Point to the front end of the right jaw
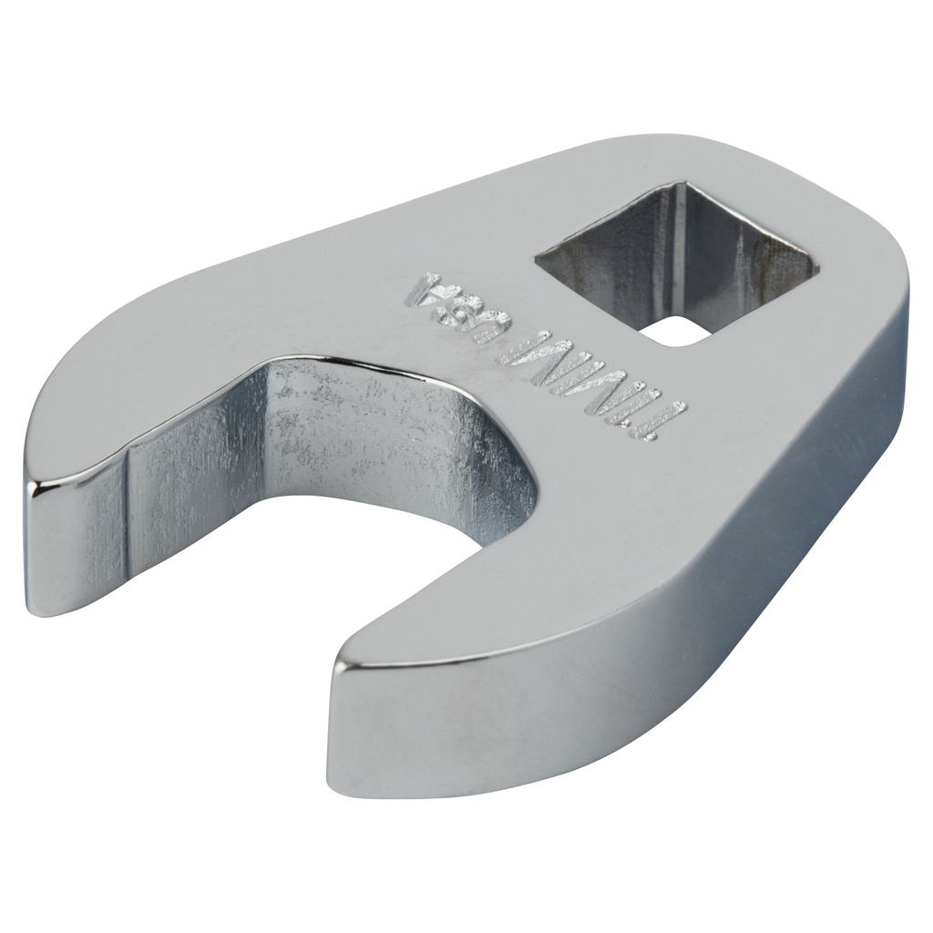coord(364,729)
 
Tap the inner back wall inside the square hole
coord(729,246)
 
